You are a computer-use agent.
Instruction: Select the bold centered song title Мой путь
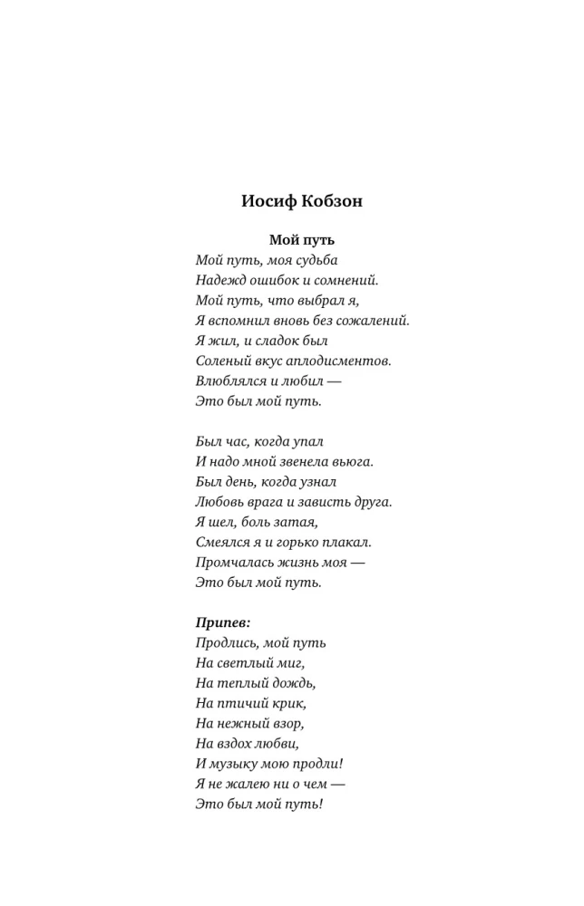point(302,240)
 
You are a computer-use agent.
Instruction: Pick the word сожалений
point(373,320)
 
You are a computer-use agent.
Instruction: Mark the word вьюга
point(353,461)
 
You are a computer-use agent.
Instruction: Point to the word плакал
point(348,542)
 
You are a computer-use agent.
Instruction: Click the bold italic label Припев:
point(223,622)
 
